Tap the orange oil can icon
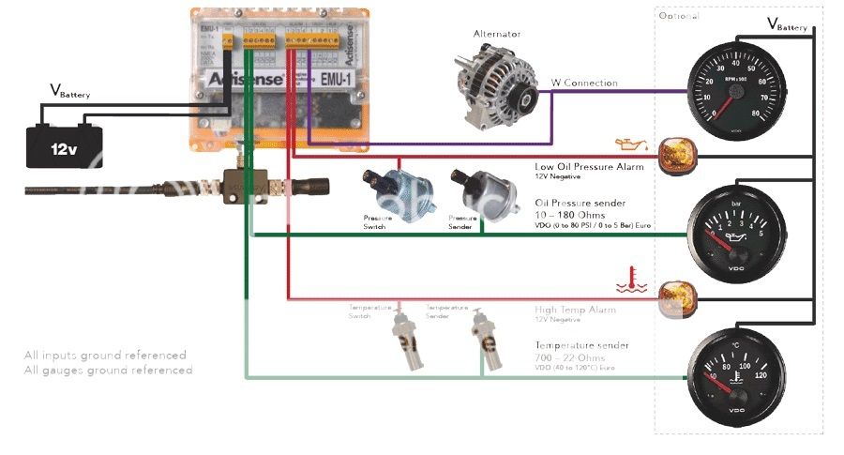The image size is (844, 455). coord(630,144)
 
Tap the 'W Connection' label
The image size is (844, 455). coord(583,83)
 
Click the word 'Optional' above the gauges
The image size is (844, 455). coord(679,16)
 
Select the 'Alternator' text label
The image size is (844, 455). coord(497,34)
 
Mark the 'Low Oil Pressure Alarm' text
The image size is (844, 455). coord(588,166)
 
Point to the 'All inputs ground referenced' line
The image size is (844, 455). coord(105,356)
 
